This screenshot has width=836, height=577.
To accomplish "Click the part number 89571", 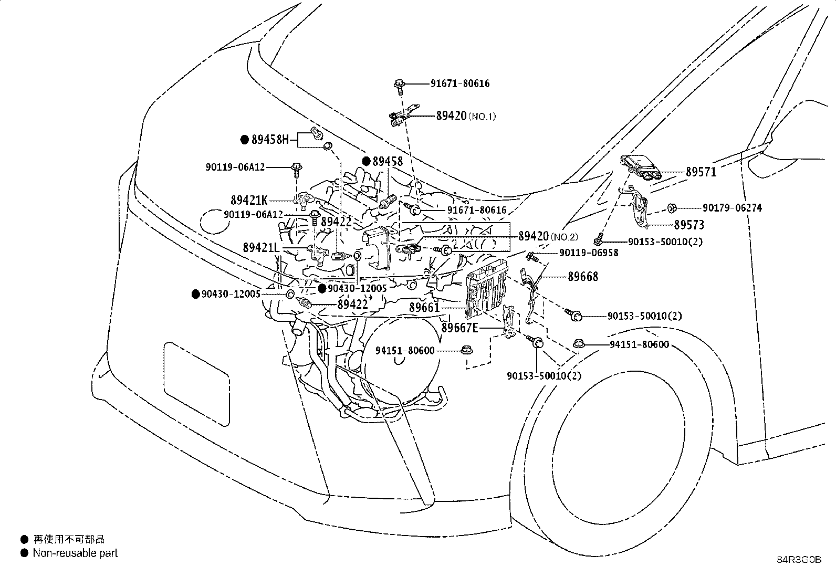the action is point(701,172).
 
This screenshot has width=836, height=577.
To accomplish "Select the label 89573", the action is point(689,225).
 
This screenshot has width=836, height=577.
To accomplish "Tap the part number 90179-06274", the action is point(732,208).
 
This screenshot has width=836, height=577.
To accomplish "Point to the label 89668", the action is point(583,277).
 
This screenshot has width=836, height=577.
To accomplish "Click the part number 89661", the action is point(424,308).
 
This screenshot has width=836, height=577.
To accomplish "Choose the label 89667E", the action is point(460,328).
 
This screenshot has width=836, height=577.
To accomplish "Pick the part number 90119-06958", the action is point(589,253).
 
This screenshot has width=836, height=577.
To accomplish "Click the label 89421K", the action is point(249,201).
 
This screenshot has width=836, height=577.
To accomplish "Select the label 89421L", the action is point(262,247).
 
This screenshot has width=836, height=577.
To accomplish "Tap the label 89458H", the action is point(270,140).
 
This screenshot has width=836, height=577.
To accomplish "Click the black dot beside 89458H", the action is point(245,140).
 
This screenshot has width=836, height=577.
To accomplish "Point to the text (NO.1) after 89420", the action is point(482,117).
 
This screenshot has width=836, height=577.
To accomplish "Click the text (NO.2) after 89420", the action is point(564,237).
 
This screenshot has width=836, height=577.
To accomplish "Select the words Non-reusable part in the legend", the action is point(75,553).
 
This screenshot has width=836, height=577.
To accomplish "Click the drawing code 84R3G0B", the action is point(799,560).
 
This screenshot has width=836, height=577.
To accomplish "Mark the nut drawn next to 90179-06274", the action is point(672,208).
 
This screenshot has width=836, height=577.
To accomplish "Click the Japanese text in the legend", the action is point(69,539).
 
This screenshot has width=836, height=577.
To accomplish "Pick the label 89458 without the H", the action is point(388,161).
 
